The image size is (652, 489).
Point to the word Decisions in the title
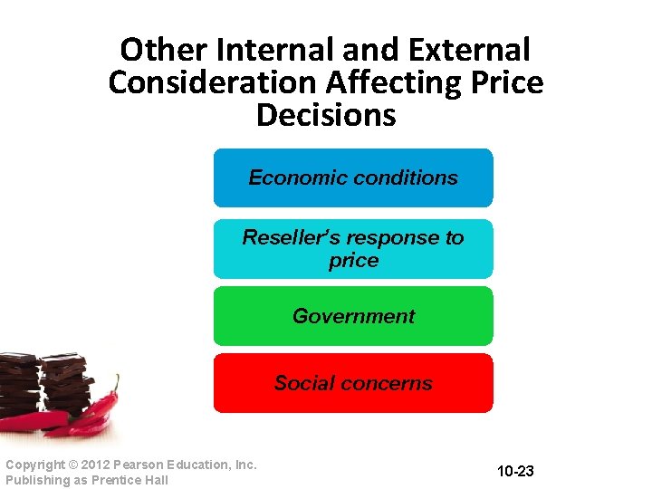tap(326, 116)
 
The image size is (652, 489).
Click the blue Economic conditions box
tap(353, 178)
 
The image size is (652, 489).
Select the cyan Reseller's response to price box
tap(353, 249)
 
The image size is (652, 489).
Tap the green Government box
tap(353, 316)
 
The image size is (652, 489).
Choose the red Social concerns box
tap(353, 383)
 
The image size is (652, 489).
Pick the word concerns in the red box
tap(393, 383)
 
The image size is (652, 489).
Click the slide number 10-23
tap(515, 472)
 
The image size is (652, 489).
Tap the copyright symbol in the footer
tap(72, 465)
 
